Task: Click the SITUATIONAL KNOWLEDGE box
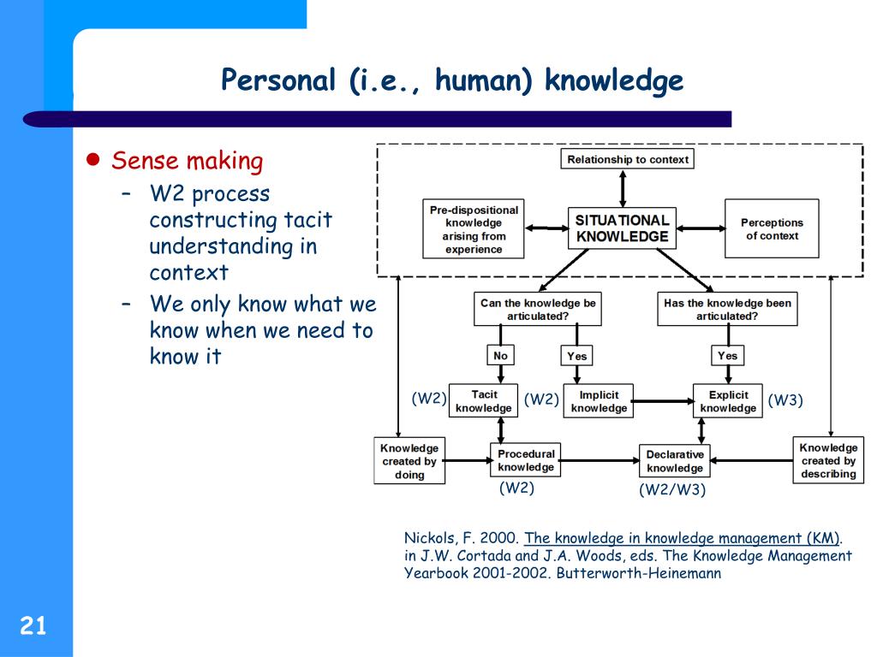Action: click(622, 228)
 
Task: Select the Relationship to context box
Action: click(627, 159)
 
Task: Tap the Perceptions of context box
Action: click(771, 228)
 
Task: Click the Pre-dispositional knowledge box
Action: click(474, 228)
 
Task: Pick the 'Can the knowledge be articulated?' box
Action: click(538, 309)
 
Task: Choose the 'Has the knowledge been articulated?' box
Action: click(727, 309)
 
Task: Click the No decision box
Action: click(500, 355)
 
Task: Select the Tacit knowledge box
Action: click(484, 401)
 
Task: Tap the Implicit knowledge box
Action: click(599, 401)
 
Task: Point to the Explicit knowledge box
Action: click(728, 401)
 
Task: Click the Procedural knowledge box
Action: click(526, 460)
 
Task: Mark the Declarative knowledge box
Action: click(675, 461)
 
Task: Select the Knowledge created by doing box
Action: click(409, 461)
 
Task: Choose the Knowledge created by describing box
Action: click(828, 460)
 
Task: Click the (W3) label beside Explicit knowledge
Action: click(785, 400)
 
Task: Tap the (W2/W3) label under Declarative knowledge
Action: click(672, 490)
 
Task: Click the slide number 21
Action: click(33, 627)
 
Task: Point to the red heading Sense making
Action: click(188, 161)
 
